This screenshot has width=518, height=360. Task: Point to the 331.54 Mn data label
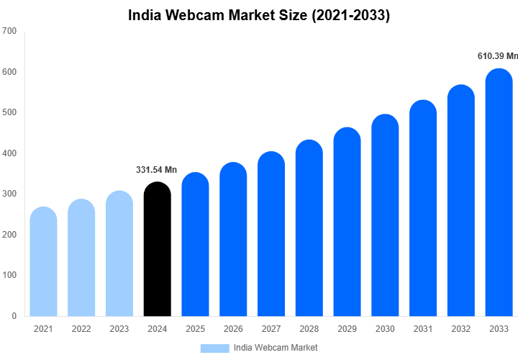pyautogui.click(x=156, y=170)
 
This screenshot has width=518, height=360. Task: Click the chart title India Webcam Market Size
pyautogui.click(x=259, y=15)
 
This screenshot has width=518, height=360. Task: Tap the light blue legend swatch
pyautogui.click(x=214, y=348)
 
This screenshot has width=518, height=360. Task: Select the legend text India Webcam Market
pyautogui.click(x=276, y=348)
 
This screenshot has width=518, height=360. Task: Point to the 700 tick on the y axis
pyautogui.click(x=9, y=31)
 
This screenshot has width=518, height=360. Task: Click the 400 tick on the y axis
pyautogui.click(x=9, y=153)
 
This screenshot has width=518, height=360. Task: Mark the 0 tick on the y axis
pyautogui.click(x=14, y=316)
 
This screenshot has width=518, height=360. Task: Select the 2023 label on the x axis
pyautogui.click(x=119, y=329)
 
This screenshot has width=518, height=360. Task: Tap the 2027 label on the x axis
pyautogui.click(x=271, y=329)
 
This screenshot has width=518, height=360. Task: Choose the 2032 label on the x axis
pyautogui.click(x=461, y=329)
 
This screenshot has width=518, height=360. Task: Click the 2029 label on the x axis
pyautogui.click(x=347, y=329)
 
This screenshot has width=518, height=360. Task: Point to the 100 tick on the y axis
pyautogui.click(x=9, y=275)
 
